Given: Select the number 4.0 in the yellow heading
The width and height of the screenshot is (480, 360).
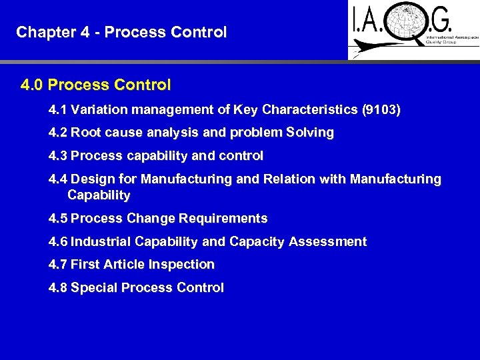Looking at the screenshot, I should point(33,85).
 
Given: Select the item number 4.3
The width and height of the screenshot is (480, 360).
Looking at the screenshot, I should point(58,156).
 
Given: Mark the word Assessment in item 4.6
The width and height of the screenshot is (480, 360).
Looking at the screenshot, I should point(327,242).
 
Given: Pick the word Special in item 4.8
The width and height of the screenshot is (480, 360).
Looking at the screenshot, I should point(93,288).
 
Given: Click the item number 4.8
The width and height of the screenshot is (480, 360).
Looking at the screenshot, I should point(58,288).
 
